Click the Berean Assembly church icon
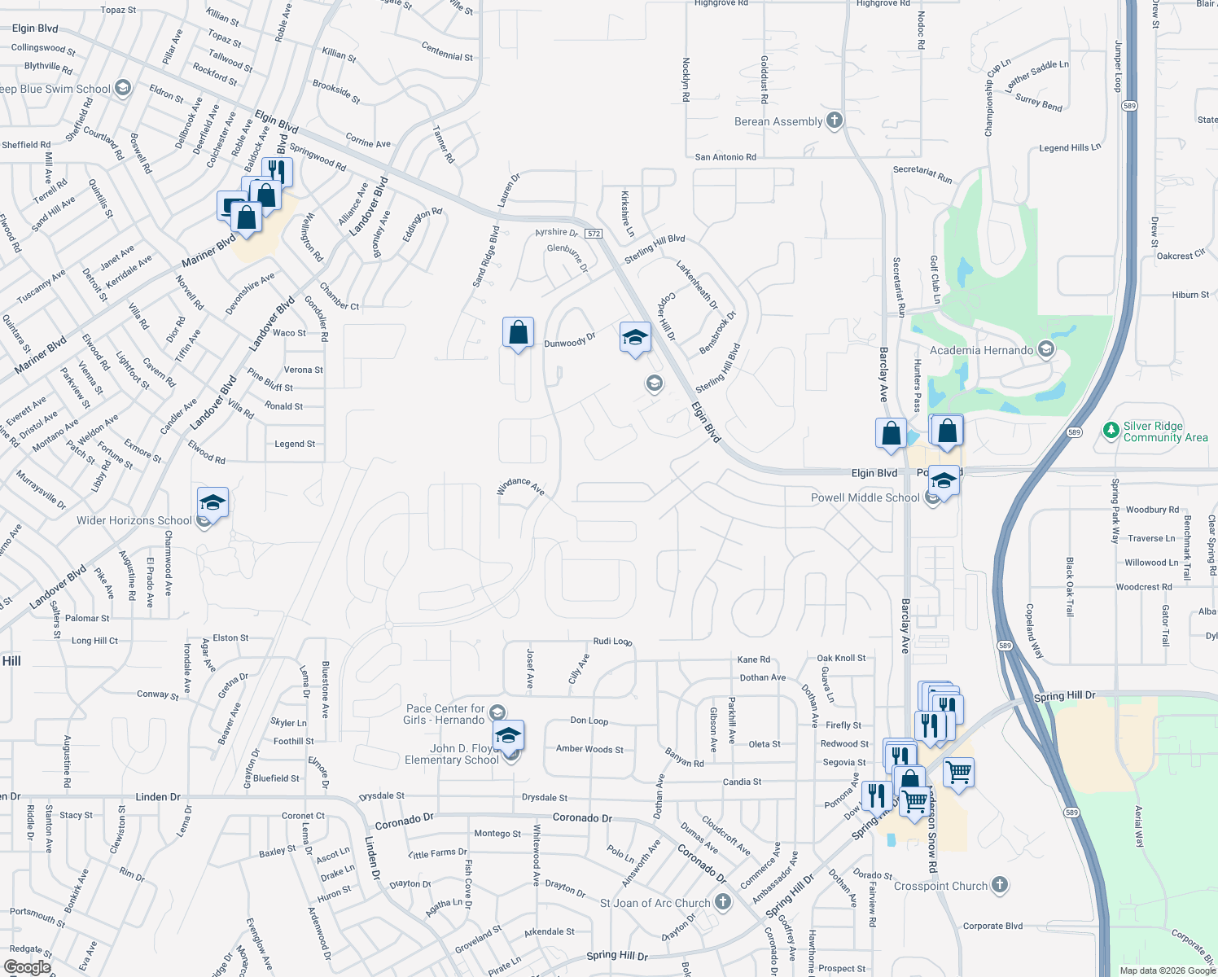(834, 121)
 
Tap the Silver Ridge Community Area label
(1165, 432)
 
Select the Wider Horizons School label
(134, 520)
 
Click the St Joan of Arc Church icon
(722, 902)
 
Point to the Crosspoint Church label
(940, 886)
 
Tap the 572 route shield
(594, 234)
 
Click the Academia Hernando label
(981, 350)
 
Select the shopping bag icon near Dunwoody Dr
(518, 334)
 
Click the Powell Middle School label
(865, 497)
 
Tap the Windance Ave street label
(520, 487)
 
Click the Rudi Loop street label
(612, 642)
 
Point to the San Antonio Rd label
(725, 157)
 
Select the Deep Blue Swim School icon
(123, 88)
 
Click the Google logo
(27, 967)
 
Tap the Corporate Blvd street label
(992, 926)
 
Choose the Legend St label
(295, 444)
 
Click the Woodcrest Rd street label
(1144, 587)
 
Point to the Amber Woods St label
(589, 749)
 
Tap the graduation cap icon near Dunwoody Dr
(634, 337)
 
